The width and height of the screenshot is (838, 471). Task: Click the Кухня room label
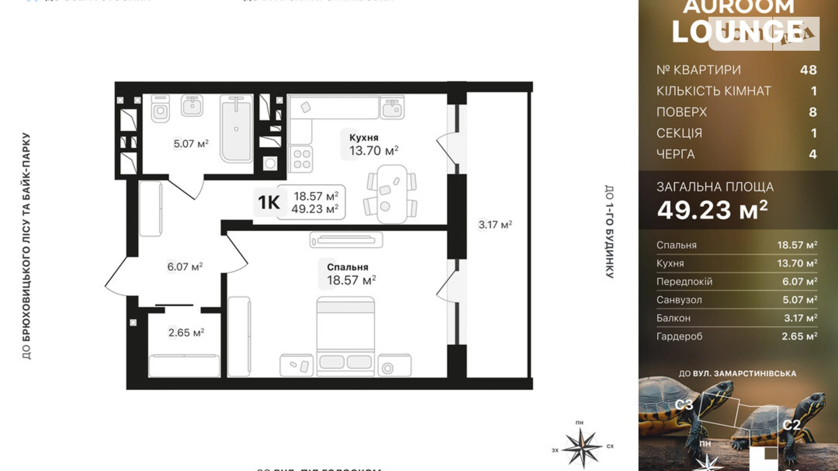point(363,137)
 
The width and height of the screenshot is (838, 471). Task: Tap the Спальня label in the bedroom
point(347,267)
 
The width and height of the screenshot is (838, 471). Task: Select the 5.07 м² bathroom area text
point(191,144)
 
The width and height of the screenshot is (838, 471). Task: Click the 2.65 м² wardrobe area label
point(186,333)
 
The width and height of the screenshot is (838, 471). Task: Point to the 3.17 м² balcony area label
point(495,225)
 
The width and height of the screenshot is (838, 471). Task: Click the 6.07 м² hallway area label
point(184,267)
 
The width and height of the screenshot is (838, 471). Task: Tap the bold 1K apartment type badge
point(269,202)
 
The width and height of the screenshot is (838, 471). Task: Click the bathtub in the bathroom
point(236,129)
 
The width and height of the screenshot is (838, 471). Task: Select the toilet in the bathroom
point(160,109)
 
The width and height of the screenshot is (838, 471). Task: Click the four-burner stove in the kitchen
point(301,159)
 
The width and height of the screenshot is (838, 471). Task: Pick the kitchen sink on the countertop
point(392,107)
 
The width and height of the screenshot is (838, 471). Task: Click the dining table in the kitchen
point(391,194)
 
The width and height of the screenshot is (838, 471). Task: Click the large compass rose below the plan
point(582,447)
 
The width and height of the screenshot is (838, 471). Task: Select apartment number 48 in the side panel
point(808,70)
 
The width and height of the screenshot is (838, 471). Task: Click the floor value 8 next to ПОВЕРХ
point(813,112)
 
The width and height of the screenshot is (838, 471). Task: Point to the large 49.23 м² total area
point(712,210)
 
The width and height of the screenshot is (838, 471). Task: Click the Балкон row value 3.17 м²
point(800,318)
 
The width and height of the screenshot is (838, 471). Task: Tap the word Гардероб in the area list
point(679,336)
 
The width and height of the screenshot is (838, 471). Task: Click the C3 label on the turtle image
point(684,404)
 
